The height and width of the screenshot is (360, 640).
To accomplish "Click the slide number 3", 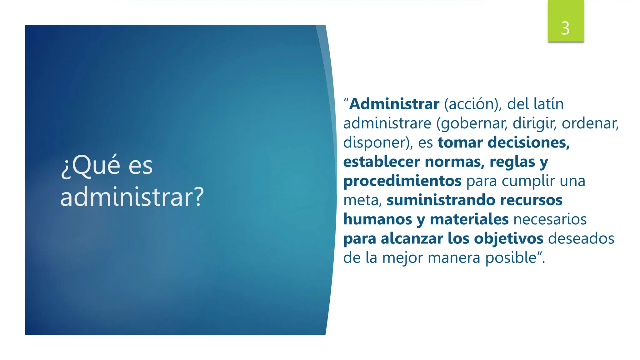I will (x=565, y=28).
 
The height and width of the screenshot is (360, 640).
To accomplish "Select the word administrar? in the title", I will (x=132, y=197).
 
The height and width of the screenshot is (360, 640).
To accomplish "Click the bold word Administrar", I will (x=394, y=104).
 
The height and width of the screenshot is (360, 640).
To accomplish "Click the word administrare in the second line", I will (x=387, y=123).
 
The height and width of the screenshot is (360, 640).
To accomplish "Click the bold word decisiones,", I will (x=529, y=142).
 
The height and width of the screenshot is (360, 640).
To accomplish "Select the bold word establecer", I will (x=382, y=162).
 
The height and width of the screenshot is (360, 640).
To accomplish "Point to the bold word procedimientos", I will (x=402, y=181).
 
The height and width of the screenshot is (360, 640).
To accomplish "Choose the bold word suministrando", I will (x=441, y=200).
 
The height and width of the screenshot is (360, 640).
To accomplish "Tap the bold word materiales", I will (x=469, y=219).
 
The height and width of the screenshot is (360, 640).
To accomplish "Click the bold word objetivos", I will (x=509, y=239).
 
